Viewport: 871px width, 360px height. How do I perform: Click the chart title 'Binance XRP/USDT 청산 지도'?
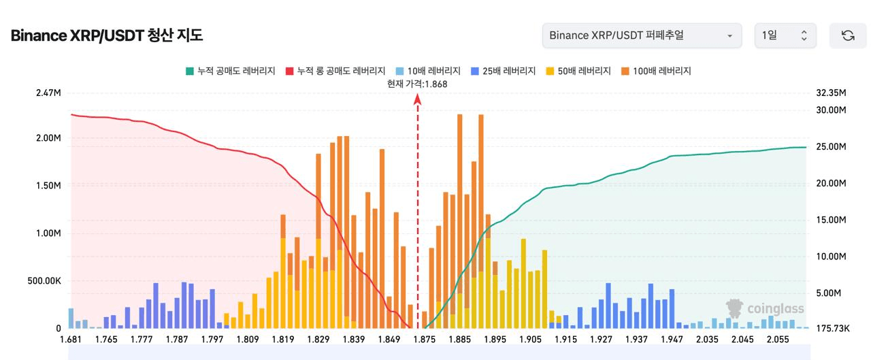coord(107,35)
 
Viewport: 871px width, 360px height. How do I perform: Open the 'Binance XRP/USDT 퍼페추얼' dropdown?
coord(642,35)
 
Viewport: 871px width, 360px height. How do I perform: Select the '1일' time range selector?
coord(785,35)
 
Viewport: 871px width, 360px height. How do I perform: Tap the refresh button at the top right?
coord(848,35)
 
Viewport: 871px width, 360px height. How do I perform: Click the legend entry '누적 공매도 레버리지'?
coord(230,71)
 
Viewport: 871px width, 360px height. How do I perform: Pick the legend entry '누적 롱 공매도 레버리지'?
coord(335,71)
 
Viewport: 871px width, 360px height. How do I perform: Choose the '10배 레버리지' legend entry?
coord(428,71)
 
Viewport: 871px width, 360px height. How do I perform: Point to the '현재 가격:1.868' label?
coord(417,84)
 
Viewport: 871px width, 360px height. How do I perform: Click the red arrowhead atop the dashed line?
coord(418,99)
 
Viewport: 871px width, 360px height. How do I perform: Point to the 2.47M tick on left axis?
coord(48,93)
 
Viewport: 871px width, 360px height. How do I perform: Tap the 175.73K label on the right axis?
coord(832,329)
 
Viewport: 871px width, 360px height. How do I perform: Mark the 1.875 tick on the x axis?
coord(425,340)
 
